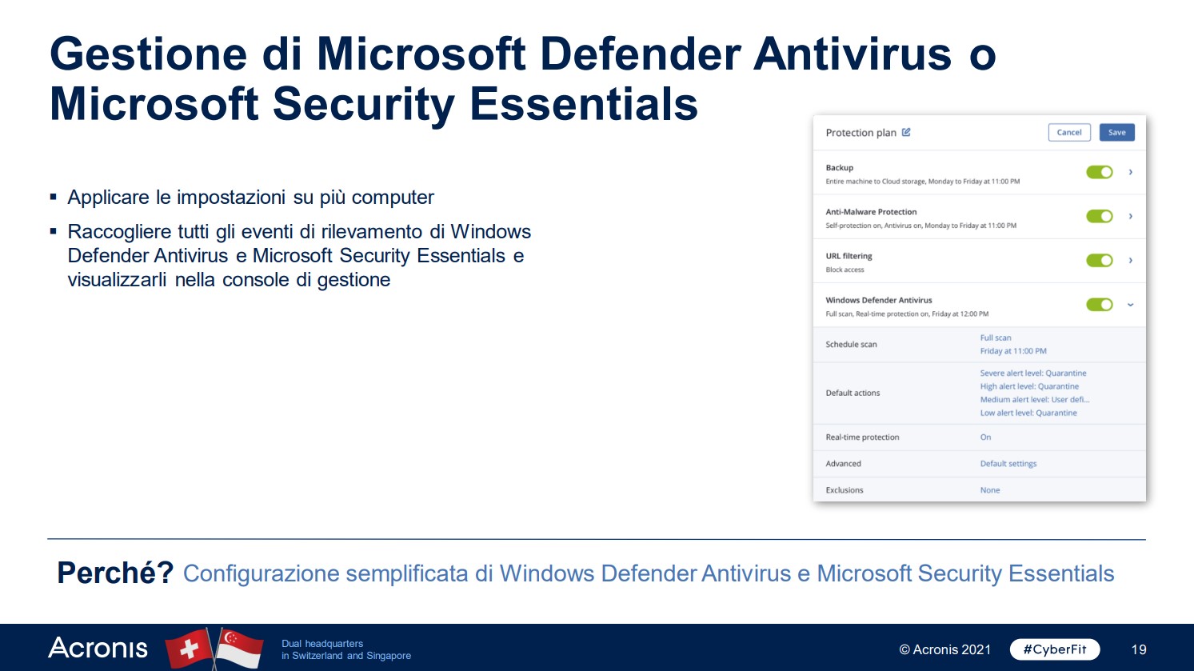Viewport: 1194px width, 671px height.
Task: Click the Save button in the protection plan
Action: [x=1116, y=132]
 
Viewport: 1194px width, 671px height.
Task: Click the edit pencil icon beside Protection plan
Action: [x=906, y=132]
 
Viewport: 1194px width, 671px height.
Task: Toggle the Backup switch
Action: [x=1100, y=172]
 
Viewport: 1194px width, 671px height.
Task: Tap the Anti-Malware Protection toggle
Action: [x=1100, y=217]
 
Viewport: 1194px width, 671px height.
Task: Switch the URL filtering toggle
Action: [x=1100, y=261]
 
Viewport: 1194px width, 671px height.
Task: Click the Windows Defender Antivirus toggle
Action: [x=1100, y=305]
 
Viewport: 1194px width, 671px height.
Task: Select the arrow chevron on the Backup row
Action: [x=1131, y=172]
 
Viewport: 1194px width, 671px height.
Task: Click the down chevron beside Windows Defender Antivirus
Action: [x=1131, y=305]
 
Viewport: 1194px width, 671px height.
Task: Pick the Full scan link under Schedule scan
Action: [x=996, y=337]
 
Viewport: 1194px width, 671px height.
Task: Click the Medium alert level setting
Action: [x=1035, y=399]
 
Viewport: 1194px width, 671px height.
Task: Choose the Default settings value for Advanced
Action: [x=1008, y=464]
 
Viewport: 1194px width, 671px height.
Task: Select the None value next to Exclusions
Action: [x=990, y=490]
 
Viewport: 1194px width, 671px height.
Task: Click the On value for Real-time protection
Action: [x=985, y=437]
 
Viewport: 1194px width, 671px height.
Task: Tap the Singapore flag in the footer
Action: [x=240, y=648]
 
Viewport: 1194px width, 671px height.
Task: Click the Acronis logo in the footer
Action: [x=98, y=648]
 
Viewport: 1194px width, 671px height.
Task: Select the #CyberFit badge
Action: [x=1055, y=649]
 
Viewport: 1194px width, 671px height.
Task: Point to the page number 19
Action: [x=1139, y=649]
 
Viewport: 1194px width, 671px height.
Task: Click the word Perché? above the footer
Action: [x=115, y=573]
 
